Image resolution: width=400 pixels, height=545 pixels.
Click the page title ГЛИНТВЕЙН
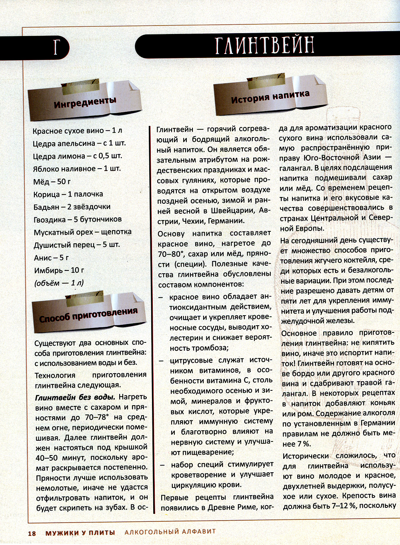click(x=264, y=45)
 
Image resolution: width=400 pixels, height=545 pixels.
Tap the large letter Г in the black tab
click(x=56, y=47)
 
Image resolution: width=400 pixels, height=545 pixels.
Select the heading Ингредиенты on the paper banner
click(x=85, y=102)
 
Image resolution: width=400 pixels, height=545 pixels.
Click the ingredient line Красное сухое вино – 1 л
click(x=77, y=131)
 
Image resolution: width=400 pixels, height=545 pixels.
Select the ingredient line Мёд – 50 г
click(x=52, y=182)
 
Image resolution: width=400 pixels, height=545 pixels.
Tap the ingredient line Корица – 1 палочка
click(x=68, y=194)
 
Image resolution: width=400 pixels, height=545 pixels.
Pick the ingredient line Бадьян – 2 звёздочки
click(x=72, y=207)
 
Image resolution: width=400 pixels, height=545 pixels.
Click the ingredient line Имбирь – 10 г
click(x=59, y=271)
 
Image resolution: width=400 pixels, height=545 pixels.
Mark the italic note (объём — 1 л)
click(x=59, y=283)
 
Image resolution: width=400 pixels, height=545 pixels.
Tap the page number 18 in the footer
click(x=32, y=533)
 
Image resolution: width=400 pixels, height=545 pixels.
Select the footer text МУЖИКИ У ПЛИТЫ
click(x=80, y=533)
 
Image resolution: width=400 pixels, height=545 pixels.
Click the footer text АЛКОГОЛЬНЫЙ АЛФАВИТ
click(x=170, y=532)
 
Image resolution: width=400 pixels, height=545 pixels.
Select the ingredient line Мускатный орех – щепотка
click(x=82, y=232)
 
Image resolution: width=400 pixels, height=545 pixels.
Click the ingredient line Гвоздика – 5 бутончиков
click(x=78, y=219)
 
